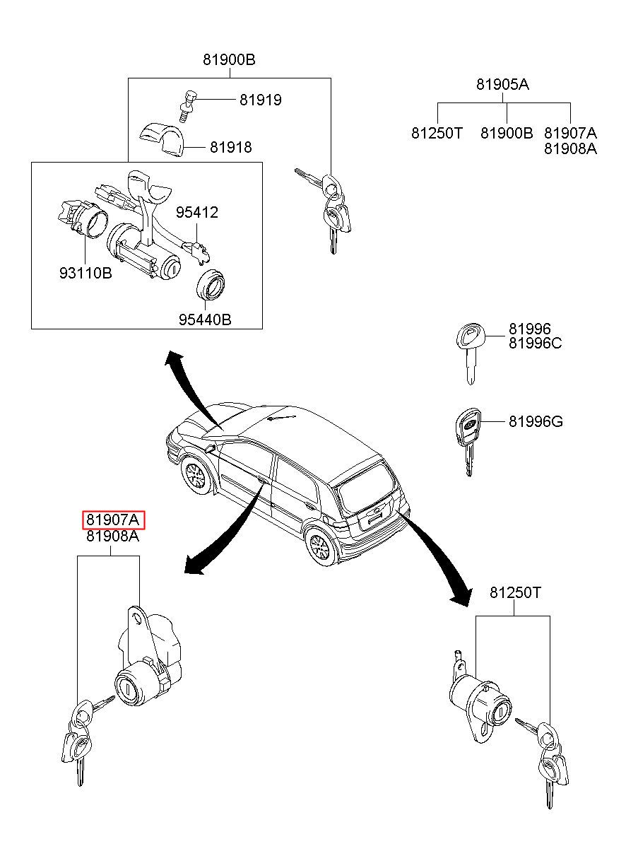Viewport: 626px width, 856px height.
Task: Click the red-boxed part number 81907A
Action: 114,521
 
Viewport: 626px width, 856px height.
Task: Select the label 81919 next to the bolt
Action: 260,100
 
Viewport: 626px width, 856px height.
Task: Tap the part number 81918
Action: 230,148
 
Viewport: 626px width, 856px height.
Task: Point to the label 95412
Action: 197,212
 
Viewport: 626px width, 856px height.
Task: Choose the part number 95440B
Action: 205,319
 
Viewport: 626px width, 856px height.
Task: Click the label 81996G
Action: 536,422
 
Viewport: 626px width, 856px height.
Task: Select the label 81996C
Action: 536,344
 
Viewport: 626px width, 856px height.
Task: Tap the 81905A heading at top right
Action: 502,84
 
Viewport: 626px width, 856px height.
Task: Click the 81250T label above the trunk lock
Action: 515,592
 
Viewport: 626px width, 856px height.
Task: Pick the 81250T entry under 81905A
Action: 437,132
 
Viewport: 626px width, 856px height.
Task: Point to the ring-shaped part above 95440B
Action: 210,285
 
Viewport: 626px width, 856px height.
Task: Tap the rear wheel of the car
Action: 319,546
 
